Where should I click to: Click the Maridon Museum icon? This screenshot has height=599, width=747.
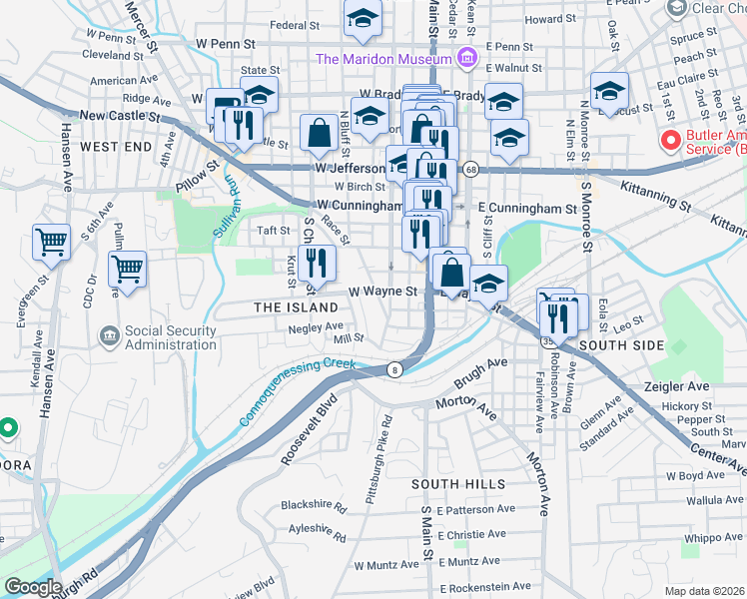click(x=465, y=59)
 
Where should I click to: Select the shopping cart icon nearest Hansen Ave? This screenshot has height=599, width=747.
click(x=51, y=242)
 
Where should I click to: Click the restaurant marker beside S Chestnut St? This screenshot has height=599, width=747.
click(x=317, y=264)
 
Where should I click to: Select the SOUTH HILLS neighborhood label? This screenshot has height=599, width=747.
click(x=454, y=483)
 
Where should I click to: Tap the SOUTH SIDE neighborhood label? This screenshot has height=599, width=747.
click(x=621, y=344)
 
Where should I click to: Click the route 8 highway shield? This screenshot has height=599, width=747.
click(x=395, y=369)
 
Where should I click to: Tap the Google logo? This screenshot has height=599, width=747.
click(x=33, y=587)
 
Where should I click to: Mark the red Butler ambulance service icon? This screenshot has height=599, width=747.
click(x=670, y=140)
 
